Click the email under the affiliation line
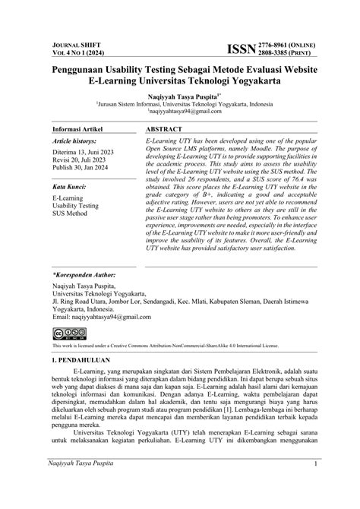coord(180,112)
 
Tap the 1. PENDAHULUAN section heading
coord(79,359)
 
